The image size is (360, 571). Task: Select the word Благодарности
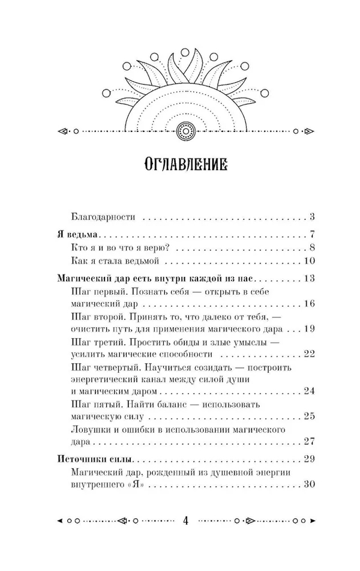(100, 217)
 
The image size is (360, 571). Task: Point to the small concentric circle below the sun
(185, 129)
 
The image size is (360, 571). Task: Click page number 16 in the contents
(310, 304)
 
